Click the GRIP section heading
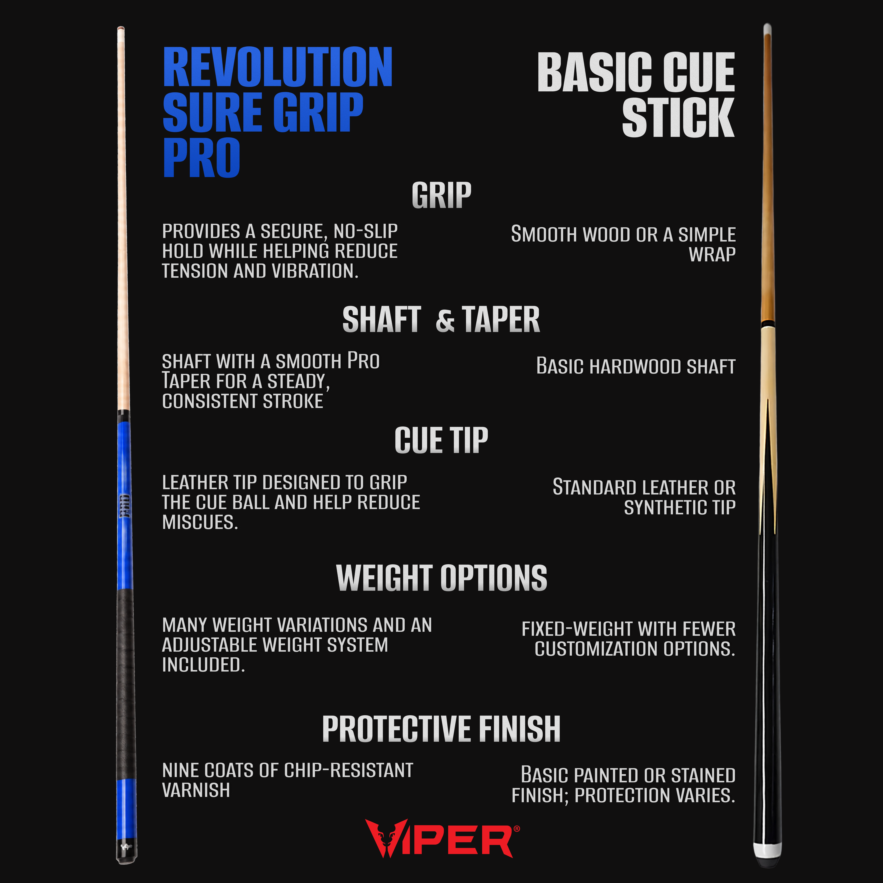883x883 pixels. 441,196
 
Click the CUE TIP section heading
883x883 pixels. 441,441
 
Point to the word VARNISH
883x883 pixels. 196,790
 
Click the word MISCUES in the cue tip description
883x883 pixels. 200,522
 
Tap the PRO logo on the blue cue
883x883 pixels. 124,506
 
